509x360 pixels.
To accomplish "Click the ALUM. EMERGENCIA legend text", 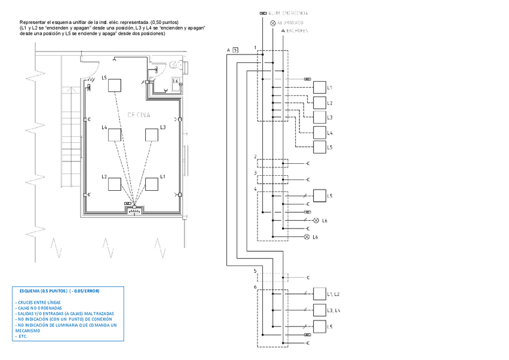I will tap(289, 12).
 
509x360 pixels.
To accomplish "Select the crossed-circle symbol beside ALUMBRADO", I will tap(273, 22).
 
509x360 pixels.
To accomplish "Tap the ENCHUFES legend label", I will tap(297, 31).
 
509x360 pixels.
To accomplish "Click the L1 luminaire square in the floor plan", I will tap(152, 184).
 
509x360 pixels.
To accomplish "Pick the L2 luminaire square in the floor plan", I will tap(115, 184).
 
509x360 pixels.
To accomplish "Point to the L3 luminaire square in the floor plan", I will tap(152, 135).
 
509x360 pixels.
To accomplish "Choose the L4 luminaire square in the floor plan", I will tap(115, 135).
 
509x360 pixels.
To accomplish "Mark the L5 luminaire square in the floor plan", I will tap(115, 85).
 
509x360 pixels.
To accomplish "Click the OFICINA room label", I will tap(139, 114).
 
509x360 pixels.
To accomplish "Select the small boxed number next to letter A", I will tap(235, 50).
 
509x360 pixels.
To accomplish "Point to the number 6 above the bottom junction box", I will tap(256, 287).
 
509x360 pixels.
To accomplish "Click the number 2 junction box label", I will tap(256, 157).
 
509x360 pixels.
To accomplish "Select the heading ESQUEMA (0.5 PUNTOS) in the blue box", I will tap(60, 291).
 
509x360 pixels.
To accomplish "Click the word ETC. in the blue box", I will tap(23, 336).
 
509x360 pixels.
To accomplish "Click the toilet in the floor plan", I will tap(175, 62).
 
